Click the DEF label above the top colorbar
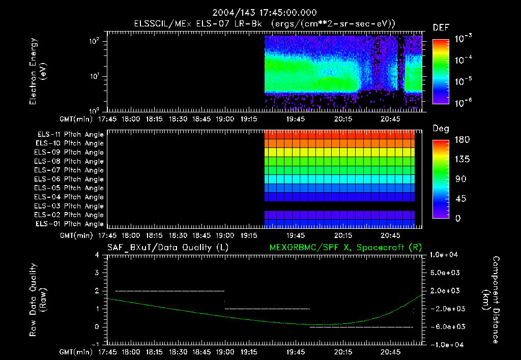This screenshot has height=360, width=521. click(441, 28)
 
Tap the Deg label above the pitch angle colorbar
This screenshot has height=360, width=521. click(441, 129)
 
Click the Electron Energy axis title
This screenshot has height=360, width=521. click(38, 72)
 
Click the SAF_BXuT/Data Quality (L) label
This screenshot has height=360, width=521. click(167, 248)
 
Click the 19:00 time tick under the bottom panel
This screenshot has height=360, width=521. click(225, 351)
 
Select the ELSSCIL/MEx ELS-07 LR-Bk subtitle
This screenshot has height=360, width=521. click(265, 24)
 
